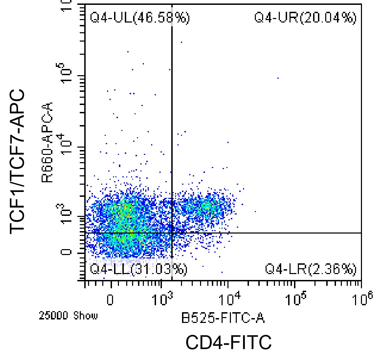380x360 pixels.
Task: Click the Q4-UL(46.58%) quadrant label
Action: pyautogui.click(x=140, y=18)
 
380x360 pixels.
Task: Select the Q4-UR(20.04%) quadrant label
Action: pyautogui.click(x=305, y=18)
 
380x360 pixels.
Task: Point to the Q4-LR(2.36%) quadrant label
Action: pyautogui.click(x=310, y=269)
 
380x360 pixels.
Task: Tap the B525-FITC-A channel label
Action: pyautogui.click(x=223, y=318)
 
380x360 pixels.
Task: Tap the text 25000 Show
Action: pyautogui.click(x=68, y=316)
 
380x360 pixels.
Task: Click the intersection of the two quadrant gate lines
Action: pyautogui.click(x=172, y=233)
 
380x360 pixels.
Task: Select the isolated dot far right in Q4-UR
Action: pyautogui.click(x=278, y=78)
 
